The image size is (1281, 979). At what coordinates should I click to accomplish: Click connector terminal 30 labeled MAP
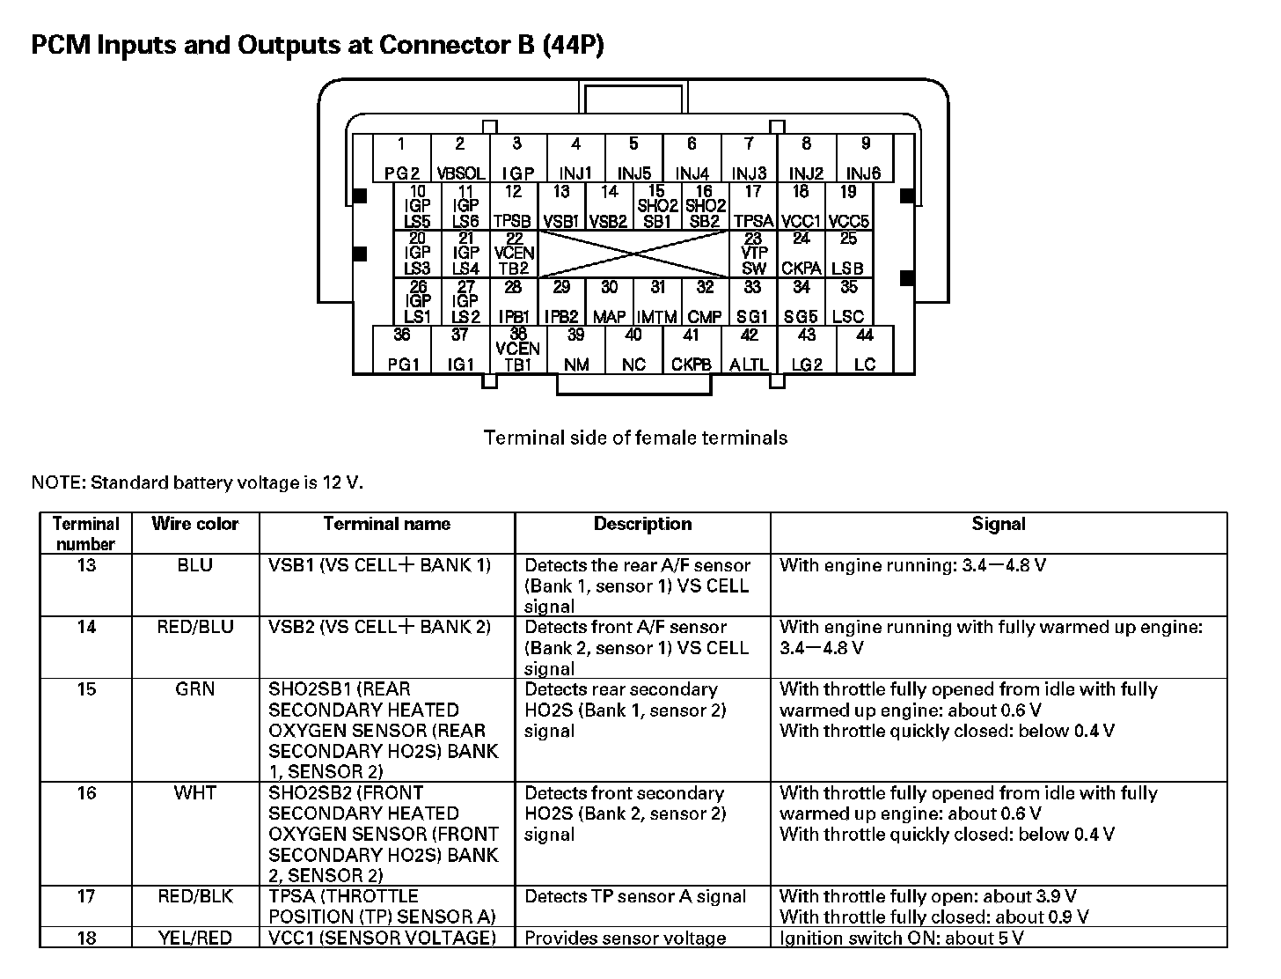click(x=609, y=302)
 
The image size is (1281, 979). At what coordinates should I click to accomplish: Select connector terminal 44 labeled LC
click(x=865, y=350)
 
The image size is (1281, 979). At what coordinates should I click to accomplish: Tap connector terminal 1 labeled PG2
click(x=401, y=159)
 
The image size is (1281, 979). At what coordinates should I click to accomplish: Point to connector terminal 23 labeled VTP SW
click(x=753, y=254)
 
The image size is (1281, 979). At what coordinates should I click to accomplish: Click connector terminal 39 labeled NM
click(x=576, y=350)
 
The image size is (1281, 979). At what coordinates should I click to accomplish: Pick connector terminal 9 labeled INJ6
click(x=864, y=159)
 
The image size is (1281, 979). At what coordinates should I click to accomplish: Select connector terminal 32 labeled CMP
click(x=705, y=302)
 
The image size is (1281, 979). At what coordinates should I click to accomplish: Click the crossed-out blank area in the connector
click(x=633, y=254)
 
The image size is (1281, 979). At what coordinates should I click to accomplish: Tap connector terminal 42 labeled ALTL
click(x=749, y=350)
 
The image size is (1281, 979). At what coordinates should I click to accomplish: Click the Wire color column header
click(x=195, y=525)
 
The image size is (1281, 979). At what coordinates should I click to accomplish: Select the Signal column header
click(x=999, y=525)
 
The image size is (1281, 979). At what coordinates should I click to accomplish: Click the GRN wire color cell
click(x=195, y=689)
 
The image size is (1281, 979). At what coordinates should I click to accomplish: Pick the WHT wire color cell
click(x=195, y=793)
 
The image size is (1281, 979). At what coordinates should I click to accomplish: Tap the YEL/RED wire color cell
click(x=195, y=938)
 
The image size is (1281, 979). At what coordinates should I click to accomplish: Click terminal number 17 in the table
click(x=86, y=897)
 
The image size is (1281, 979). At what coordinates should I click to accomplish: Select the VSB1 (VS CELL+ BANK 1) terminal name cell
click(x=379, y=565)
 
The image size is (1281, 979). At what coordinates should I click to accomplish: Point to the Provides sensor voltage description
click(x=625, y=938)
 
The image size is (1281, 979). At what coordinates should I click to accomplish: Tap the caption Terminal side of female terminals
click(x=635, y=438)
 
